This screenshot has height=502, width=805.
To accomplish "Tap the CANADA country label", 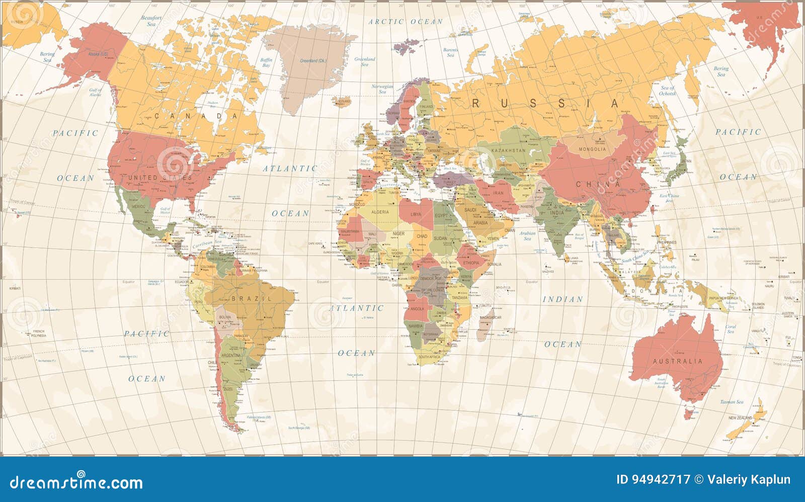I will tap(196, 116).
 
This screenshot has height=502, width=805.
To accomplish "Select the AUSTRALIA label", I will tap(677, 361).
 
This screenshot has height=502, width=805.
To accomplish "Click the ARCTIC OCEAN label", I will tap(406, 22).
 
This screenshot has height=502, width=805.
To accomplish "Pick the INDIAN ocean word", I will tap(562, 299).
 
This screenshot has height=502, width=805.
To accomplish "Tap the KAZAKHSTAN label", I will tap(508, 150).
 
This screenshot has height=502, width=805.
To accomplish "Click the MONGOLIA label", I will tap(592, 149).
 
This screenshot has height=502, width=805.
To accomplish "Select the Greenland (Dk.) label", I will tap(313, 61).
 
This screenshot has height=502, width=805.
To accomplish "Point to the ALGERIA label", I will tap(380, 212).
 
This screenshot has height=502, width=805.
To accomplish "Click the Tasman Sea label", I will tap(731, 402).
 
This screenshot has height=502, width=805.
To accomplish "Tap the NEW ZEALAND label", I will tap(740, 418).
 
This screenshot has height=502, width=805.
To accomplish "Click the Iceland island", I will tap(344, 101).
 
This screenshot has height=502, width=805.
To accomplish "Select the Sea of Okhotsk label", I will tap(667, 91).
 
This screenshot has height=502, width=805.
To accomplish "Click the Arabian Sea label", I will tap(527, 236).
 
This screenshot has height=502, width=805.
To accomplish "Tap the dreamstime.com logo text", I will tap(76, 482).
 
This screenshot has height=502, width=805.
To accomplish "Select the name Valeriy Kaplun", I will tap(749, 480).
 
